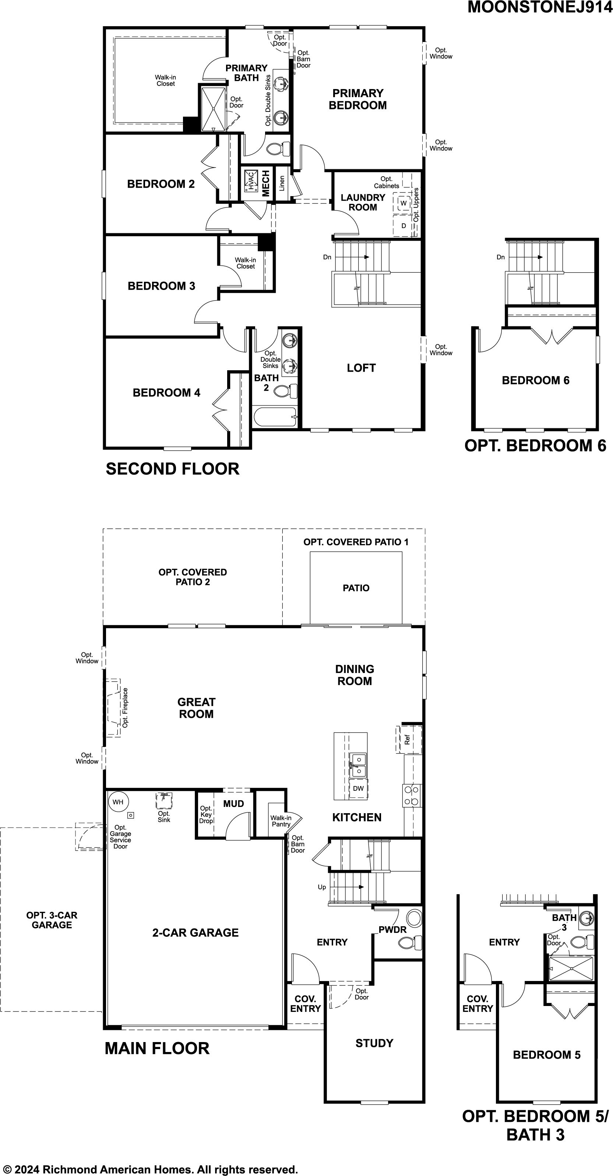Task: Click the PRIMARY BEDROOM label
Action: click(x=357, y=99)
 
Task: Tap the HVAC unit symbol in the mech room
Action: click(x=251, y=181)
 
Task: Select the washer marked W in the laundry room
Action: click(x=404, y=203)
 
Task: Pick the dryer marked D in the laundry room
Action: click(x=404, y=226)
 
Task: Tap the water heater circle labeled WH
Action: click(x=118, y=802)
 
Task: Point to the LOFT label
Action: click(x=361, y=368)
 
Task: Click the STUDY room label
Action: click(x=374, y=1043)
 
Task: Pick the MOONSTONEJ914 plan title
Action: click(x=540, y=7)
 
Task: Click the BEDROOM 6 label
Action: click(x=536, y=380)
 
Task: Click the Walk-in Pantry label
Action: click(x=281, y=821)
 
